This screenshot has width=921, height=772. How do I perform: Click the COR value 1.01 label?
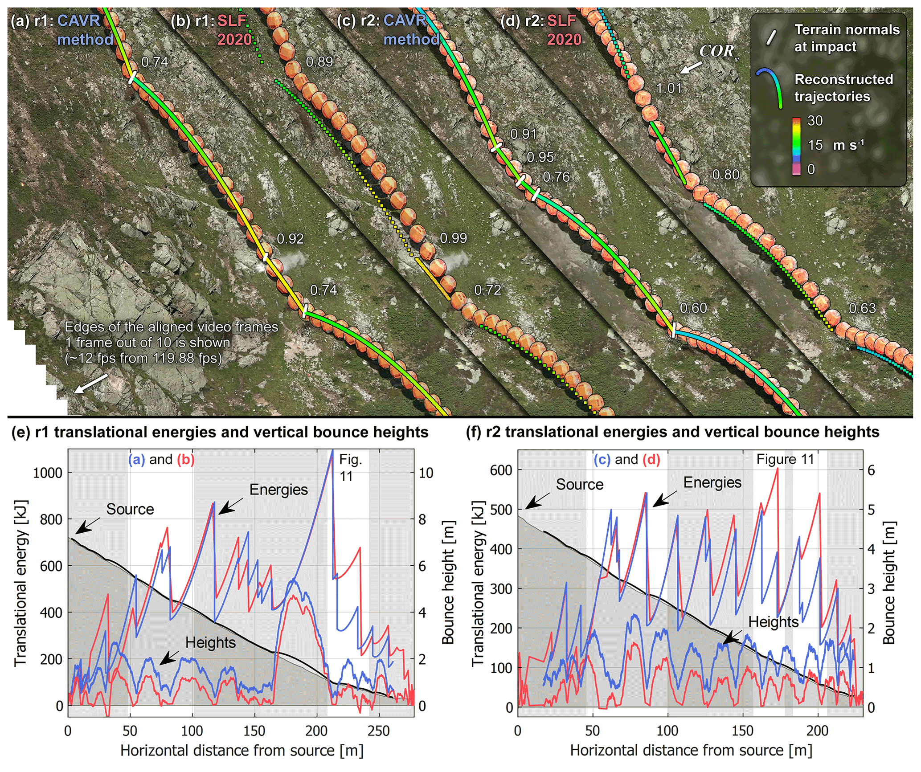669,88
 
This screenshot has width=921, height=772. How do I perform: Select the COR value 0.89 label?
319,62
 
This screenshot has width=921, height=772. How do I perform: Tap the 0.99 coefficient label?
453,238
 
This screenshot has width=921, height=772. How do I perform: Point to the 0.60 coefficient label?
693,308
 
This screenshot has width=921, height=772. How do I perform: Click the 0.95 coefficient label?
540,157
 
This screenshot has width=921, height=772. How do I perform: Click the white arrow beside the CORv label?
690,68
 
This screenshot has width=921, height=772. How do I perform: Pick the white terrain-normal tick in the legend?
771,38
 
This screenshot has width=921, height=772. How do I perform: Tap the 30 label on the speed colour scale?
815,121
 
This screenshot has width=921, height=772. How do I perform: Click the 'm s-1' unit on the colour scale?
848,145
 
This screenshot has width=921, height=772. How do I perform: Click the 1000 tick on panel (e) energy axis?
48,473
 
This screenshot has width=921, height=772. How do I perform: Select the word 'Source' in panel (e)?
130,509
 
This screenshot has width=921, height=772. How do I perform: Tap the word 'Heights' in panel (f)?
773,622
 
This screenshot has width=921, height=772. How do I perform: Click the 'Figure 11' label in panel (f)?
785,459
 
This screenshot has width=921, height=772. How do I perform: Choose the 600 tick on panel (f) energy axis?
501,470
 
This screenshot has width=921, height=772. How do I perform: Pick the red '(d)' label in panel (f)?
651,459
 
